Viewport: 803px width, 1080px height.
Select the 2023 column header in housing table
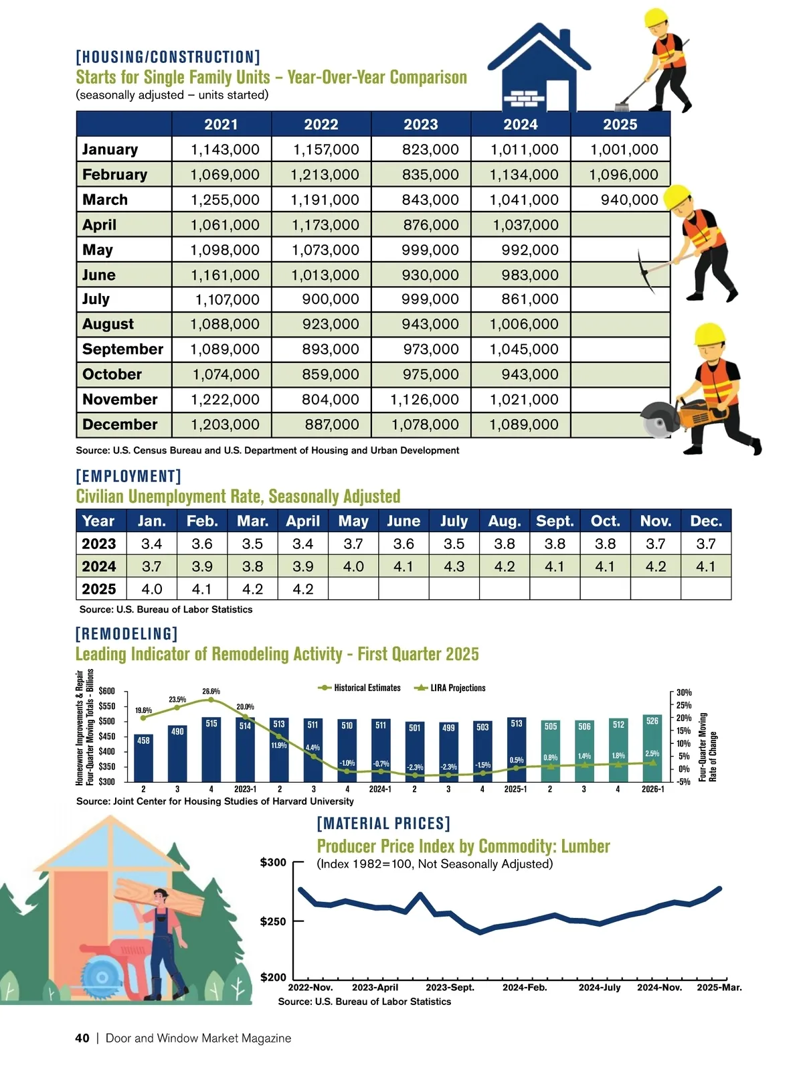(421, 125)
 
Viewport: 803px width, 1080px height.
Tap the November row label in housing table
(120, 400)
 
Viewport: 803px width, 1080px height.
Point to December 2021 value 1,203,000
(225, 425)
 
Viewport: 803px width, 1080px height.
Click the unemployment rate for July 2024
(454, 566)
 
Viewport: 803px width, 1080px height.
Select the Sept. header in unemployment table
(555, 521)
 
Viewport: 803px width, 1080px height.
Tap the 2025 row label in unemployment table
(99, 589)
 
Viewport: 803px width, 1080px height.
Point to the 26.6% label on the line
(211, 692)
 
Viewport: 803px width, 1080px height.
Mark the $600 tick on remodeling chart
(107, 691)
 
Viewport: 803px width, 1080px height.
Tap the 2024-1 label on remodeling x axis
(380, 789)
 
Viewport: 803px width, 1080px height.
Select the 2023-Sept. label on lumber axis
(450, 987)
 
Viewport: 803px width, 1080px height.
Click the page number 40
(82, 1038)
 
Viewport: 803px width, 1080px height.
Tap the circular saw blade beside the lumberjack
(102, 977)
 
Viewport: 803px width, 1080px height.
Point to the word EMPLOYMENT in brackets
(128, 476)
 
